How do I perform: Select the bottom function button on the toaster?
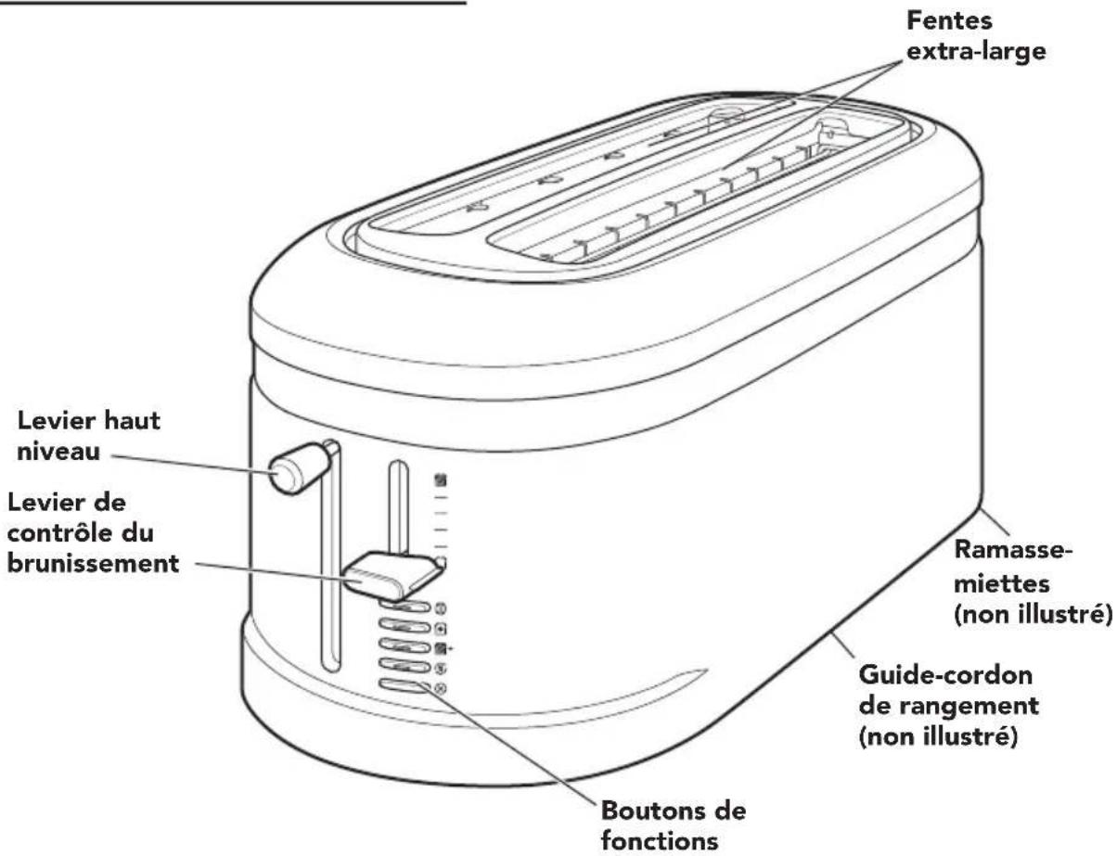coord(405,687)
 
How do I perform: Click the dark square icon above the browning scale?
coord(441,480)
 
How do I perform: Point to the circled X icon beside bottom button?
coord(441,688)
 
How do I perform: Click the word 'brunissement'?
coord(93,563)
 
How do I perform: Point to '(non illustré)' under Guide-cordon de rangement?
coord(934,739)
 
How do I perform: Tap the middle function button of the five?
coord(405,645)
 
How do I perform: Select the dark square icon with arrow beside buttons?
coord(442,646)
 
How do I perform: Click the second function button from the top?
coord(405,626)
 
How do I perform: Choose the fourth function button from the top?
coord(405,666)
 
